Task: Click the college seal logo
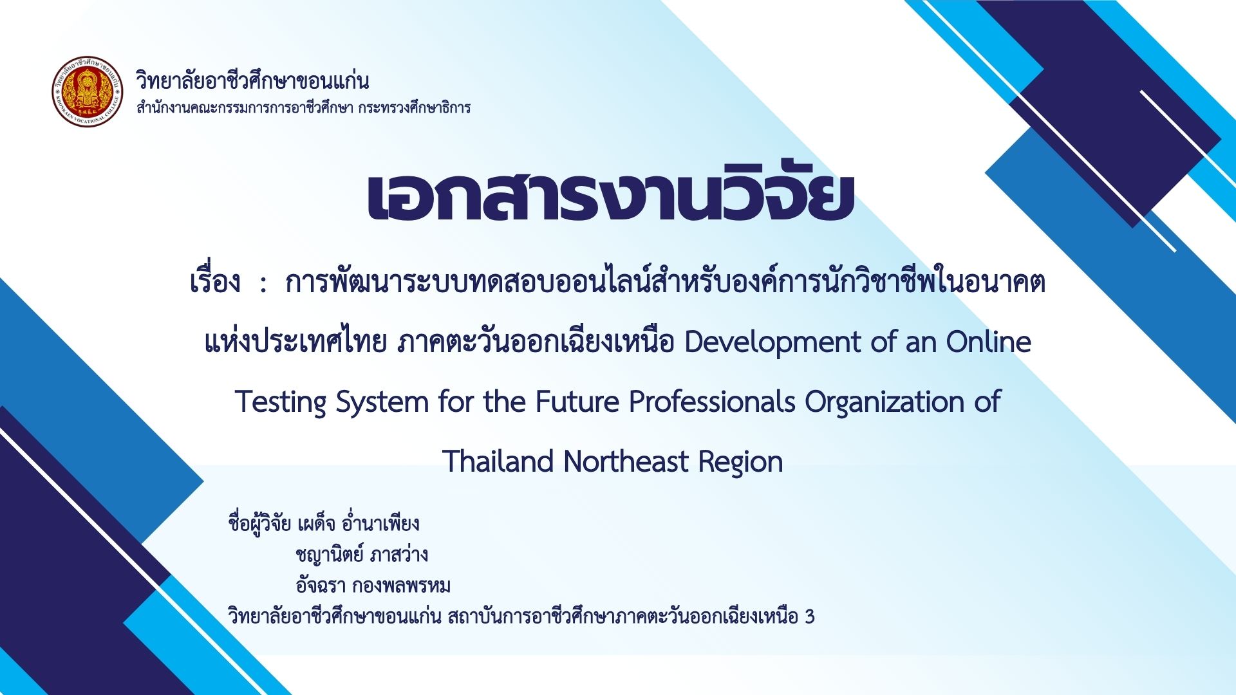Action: coord(88,91)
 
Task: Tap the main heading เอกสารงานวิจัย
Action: coord(610,196)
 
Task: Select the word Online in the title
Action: coord(988,342)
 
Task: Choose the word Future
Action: coord(577,402)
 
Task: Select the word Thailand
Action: coord(498,461)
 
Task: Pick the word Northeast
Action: coord(626,461)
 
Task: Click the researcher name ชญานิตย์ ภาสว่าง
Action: coord(362,554)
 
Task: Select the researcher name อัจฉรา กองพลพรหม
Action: coord(373,586)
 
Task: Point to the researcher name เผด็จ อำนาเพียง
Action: coord(358,523)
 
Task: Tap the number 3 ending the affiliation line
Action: coord(809,617)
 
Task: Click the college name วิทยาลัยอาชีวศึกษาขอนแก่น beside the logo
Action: coord(252,82)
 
